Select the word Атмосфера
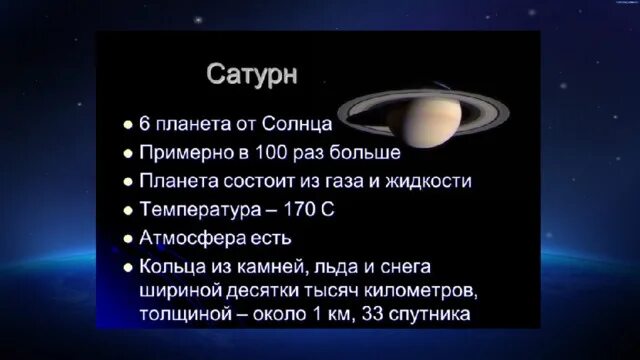(190, 240)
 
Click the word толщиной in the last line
(187, 316)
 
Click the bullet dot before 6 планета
(127, 127)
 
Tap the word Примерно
(185, 154)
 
